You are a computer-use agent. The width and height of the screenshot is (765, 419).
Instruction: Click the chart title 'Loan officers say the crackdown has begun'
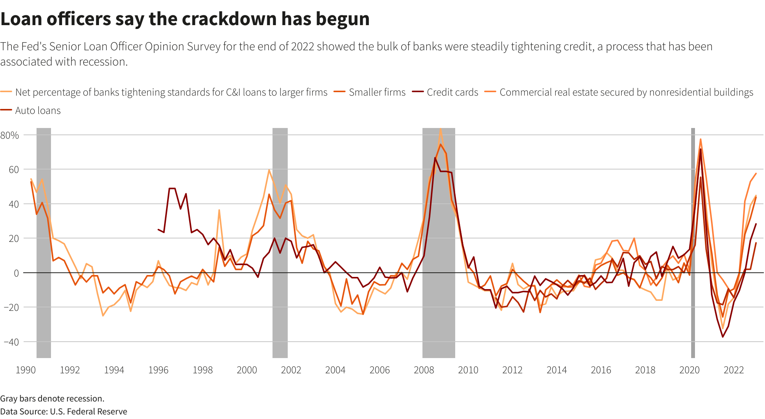[185, 19]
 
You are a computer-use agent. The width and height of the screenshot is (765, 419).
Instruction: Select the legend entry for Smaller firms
[377, 93]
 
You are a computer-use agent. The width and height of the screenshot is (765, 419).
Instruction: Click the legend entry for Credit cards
[452, 93]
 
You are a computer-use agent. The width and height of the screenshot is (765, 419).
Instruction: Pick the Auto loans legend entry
[38, 111]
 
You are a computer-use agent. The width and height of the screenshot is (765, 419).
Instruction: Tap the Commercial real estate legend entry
[626, 93]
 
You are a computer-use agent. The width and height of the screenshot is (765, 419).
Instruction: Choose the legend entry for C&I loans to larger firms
[171, 93]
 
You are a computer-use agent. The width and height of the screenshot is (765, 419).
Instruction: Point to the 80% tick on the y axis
[10, 135]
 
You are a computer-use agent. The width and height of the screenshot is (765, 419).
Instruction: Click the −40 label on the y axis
[11, 342]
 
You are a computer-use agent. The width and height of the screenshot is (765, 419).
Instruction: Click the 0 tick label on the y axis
[16, 273]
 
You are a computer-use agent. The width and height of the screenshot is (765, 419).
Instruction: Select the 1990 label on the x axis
[25, 370]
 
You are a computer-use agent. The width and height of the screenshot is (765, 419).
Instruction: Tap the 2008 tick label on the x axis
[424, 370]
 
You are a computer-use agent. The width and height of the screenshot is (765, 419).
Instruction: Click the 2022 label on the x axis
[733, 370]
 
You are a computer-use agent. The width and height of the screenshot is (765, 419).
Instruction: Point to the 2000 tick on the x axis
[247, 370]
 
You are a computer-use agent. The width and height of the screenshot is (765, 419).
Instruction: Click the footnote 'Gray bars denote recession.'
[52, 398]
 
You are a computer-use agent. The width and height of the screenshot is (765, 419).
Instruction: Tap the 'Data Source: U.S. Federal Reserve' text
[64, 411]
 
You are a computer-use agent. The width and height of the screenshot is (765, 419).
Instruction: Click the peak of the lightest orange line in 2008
[440, 129]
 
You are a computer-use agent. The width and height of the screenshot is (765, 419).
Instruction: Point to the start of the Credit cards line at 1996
[158, 229]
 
